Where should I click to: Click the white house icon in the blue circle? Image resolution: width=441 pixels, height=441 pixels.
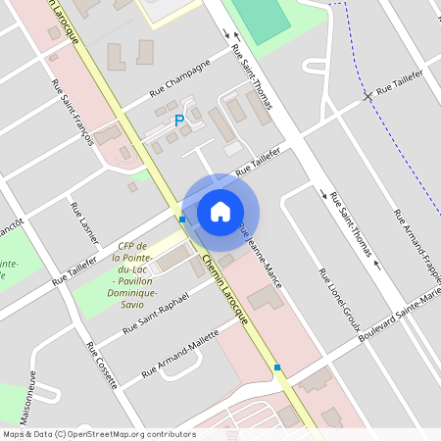click(220, 211)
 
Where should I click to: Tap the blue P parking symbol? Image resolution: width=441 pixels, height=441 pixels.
click(178, 121)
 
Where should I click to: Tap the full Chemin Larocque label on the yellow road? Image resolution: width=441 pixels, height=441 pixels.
click(226, 290)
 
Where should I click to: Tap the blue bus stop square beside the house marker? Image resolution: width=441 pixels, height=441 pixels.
click(182, 220)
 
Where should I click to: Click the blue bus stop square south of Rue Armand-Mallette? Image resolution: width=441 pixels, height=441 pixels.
click(277, 367)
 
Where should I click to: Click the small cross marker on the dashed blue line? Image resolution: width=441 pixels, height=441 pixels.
click(367, 96)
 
